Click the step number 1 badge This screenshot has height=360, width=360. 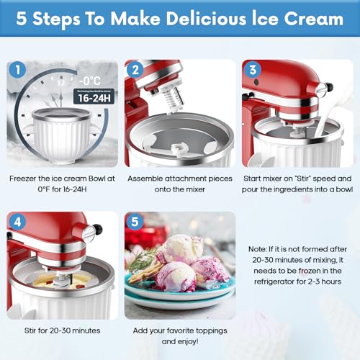[x=17, y=71]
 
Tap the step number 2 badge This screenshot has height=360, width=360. [x=135, y=71]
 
